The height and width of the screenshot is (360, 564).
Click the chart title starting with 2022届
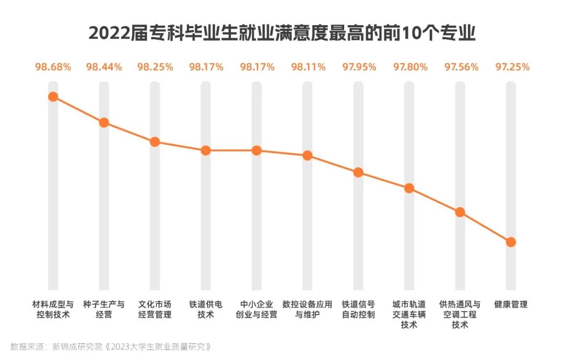click(x=282, y=33)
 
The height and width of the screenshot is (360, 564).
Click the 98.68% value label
click(x=53, y=67)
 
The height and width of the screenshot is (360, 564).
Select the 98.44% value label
click(x=104, y=67)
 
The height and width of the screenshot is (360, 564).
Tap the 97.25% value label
click(x=512, y=67)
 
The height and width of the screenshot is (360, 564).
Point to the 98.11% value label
click(x=308, y=67)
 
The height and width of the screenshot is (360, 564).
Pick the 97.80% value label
click(x=410, y=67)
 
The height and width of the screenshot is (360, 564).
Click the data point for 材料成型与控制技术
click(x=53, y=97)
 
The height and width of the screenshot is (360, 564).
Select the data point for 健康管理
click(x=511, y=242)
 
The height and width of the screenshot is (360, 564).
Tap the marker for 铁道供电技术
click(x=206, y=150)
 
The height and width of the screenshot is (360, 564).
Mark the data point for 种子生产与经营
click(x=104, y=123)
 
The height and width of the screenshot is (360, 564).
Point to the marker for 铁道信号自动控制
click(x=358, y=172)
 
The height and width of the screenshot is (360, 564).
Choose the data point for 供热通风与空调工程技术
click(x=460, y=212)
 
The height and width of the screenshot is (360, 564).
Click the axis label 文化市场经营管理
click(x=155, y=309)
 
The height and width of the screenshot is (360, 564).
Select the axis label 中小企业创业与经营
click(x=256, y=309)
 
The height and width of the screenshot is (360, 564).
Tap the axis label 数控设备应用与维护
click(x=307, y=309)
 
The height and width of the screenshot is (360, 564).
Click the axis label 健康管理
click(x=511, y=304)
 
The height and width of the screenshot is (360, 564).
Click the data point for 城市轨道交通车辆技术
click(x=409, y=188)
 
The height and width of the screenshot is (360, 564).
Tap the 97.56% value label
click(x=461, y=67)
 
